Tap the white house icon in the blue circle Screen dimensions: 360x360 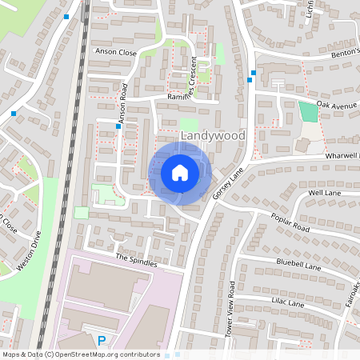[x=180, y=172]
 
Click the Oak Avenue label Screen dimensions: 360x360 [x=334, y=104]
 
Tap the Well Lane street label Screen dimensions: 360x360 [x=324, y=193]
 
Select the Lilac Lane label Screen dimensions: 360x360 [x=286, y=303]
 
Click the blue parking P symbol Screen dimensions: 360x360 [x=101, y=341]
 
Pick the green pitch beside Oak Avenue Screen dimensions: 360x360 [x=307, y=111]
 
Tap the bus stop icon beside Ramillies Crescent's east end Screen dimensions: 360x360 [x=253, y=73]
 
